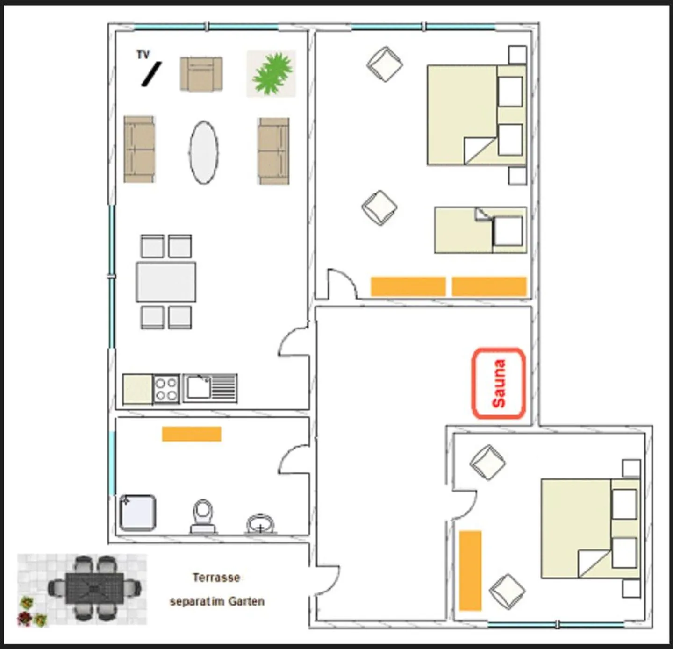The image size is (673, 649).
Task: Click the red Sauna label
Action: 499,384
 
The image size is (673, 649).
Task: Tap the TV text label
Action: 143,55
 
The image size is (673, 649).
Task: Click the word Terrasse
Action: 216,578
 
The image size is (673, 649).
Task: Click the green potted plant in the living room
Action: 272,74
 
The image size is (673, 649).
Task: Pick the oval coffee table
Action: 204,152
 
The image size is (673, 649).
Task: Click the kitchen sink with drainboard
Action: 210,388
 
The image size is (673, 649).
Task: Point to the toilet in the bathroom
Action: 203,517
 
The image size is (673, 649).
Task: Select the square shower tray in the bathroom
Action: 138,513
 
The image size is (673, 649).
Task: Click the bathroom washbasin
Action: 260,524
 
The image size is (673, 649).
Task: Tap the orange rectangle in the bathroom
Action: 192,434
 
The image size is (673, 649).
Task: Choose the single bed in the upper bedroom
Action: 481,230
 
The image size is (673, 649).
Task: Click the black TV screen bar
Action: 151,74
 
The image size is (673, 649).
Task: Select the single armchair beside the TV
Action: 201,74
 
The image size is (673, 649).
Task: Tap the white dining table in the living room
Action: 166,282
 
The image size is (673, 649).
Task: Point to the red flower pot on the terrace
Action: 25,618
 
